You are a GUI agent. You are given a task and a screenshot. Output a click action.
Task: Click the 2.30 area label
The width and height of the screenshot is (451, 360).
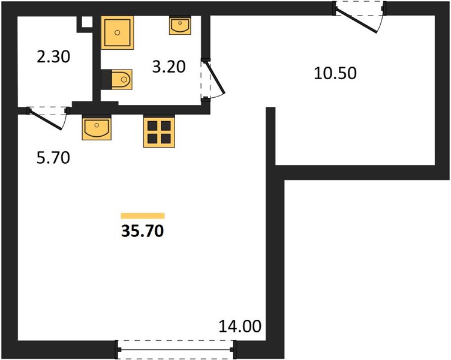[53, 56]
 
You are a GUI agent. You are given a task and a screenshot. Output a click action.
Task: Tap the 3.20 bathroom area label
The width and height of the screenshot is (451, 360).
[169, 67]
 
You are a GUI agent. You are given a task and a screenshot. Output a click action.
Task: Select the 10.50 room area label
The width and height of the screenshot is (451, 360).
[335, 73]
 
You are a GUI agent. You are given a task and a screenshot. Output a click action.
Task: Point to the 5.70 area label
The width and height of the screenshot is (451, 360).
[53, 158]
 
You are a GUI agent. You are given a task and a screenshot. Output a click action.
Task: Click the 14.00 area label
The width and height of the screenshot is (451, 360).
[240, 326]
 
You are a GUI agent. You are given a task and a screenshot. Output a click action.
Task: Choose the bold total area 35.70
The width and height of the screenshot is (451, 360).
[143, 231]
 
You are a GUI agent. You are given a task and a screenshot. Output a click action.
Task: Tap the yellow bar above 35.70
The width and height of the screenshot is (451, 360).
[143, 216]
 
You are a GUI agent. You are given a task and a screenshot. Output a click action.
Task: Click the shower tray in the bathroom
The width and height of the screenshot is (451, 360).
[118, 32]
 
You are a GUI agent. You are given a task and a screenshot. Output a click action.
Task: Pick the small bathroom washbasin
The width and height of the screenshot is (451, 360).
[181, 25]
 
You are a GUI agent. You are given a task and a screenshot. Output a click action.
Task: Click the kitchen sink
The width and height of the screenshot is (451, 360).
[97, 128]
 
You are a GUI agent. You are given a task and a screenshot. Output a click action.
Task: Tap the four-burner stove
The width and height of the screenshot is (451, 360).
[159, 132]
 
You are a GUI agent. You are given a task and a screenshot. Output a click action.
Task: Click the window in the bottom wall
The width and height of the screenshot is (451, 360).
[176, 349]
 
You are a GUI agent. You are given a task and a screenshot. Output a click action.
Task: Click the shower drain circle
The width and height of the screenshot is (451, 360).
[118, 32]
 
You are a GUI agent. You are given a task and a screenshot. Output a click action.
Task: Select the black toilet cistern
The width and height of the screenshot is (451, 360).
[106, 79]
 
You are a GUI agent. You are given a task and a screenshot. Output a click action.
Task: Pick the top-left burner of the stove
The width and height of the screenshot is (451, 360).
[152, 126]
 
